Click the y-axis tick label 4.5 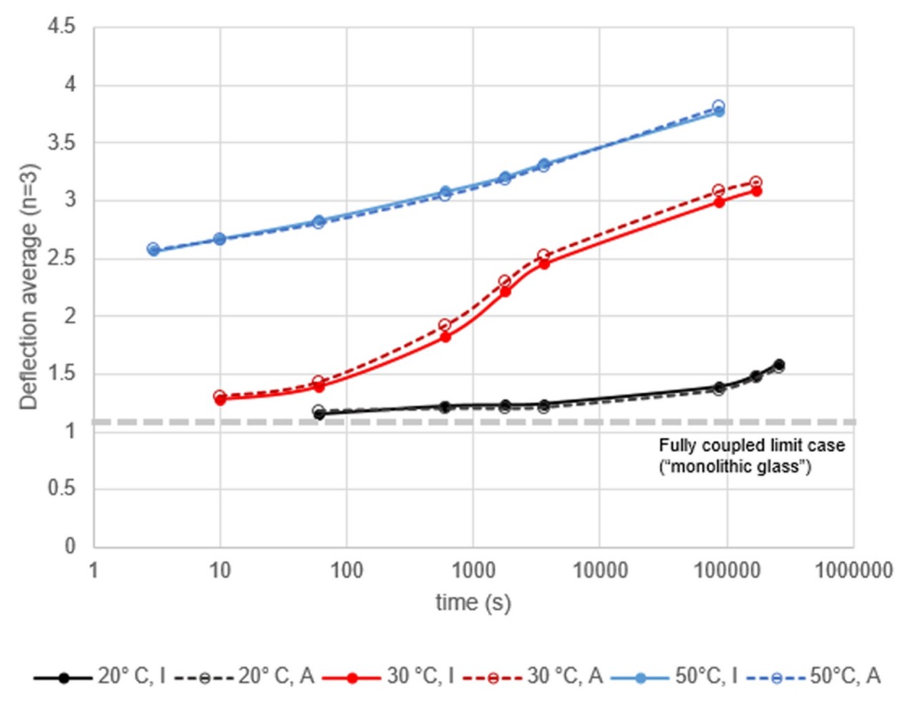61,27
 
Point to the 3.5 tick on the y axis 61,143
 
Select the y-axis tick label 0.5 61,489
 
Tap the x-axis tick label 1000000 853,571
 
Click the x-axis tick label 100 346,571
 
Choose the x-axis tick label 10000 599,571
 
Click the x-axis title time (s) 473,603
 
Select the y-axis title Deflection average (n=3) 29,287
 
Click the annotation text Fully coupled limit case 752,446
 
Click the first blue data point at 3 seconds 153,250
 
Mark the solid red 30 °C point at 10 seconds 220,400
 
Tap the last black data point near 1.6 779,365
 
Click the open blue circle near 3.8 719,106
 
